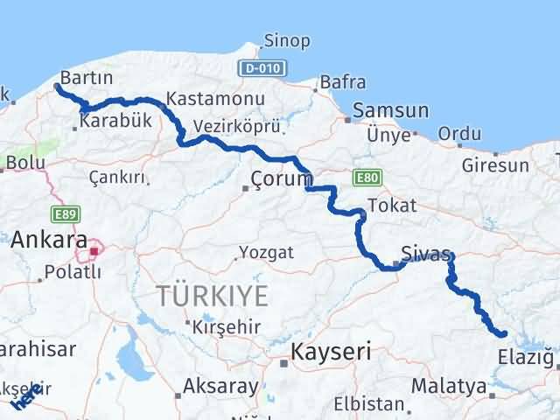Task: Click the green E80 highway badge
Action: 366,178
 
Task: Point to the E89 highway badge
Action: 62,213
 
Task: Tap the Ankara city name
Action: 49,240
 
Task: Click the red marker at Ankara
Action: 94,255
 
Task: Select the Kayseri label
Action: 331,353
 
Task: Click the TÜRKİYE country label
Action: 213,297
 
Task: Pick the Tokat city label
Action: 392,206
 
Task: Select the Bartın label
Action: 87,78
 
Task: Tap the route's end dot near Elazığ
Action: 503,333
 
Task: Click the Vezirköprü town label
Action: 237,126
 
